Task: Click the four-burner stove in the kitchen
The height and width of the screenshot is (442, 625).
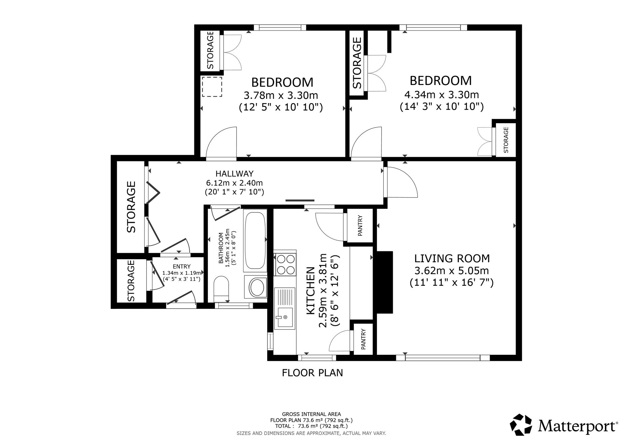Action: (x=285, y=264)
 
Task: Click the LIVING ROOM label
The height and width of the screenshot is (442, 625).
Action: (x=452, y=259)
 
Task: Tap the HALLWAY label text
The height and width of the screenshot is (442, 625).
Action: (x=234, y=173)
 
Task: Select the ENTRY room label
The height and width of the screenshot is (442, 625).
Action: (x=182, y=267)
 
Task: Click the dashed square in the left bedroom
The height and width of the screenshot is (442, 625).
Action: (x=212, y=87)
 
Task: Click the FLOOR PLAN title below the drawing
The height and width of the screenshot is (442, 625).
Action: (x=312, y=373)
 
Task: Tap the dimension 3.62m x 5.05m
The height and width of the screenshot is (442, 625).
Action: (x=452, y=270)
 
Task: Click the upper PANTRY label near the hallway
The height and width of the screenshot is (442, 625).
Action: (x=360, y=225)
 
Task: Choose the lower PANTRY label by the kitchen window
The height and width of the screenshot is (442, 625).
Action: (x=363, y=339)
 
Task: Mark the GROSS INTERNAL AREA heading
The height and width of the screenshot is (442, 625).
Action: (x=311, y=414)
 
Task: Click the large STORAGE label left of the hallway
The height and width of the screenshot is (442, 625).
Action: (x=131, y=207)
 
